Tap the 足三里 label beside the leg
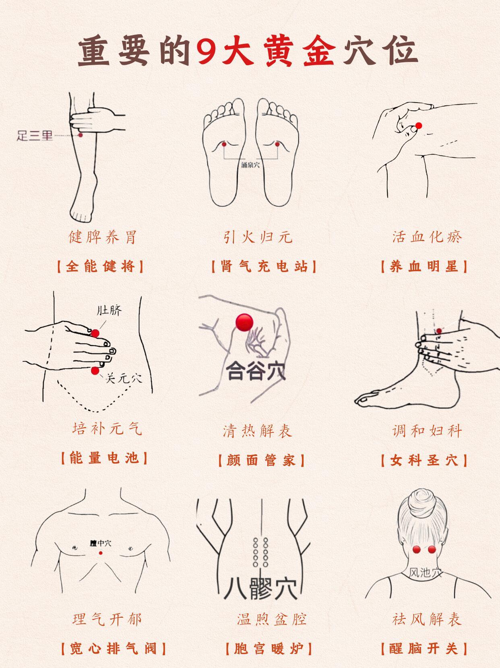click(x=35, y=136)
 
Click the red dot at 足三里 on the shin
click(x=81, y=135)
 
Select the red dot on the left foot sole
click(x=224, y=144)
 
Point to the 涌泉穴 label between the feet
click(x=250, y=165)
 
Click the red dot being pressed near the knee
click(x=419, y=126)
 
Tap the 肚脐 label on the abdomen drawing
click(x=109, y=310)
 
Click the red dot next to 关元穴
click(x=95, y=371)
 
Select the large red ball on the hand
click(x=244, y=322)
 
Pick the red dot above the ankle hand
click(x=439, y=331)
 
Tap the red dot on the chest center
click(x=101, y=553)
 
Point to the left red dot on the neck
click(x=416, y=549)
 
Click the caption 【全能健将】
click(x=100, y=266)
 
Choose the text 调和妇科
click(x=427, y=431)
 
